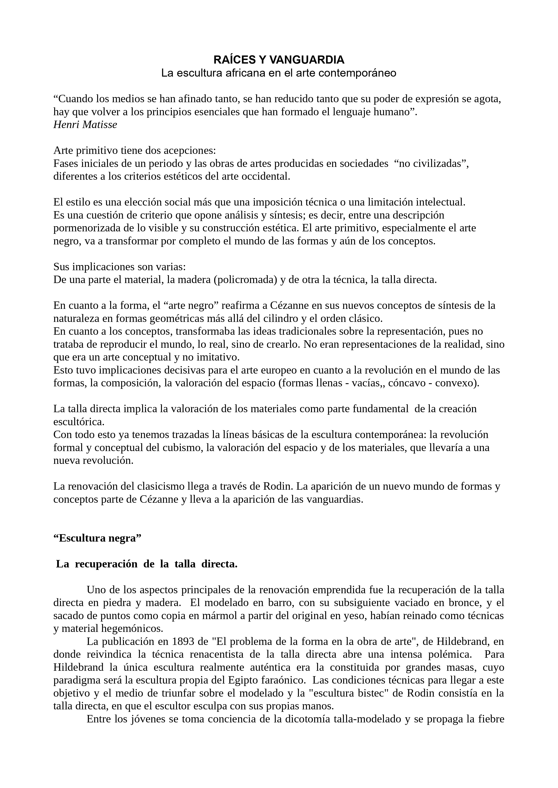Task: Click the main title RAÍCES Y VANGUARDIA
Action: pos(279,60)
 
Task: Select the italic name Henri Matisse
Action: pos(85,125)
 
